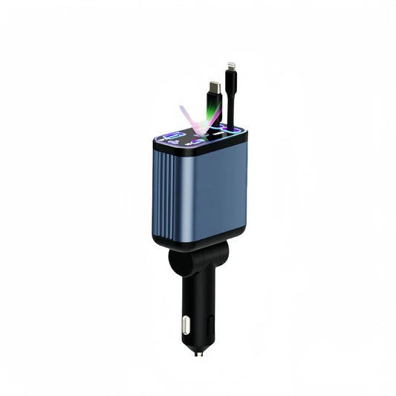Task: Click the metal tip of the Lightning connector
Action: click(232, 68)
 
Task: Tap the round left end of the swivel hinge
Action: click(178, 261)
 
